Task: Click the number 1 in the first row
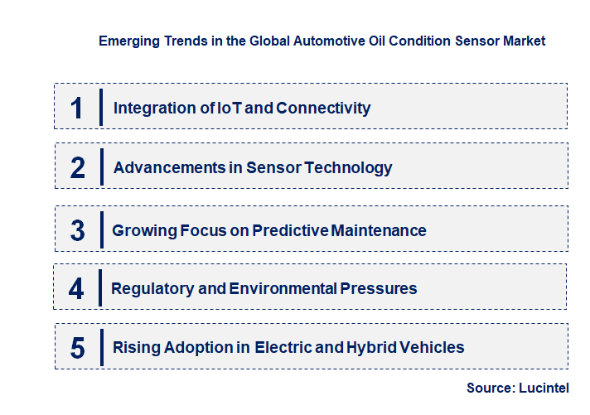tap(77, 108)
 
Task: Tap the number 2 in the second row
tap(78, 167)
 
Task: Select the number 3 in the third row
tap(78, 230)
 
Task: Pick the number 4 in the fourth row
tap(77, 288)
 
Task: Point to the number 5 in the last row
tap(78, 348)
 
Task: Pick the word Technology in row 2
tap(349, 167)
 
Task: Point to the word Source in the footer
tap(489, 388)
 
